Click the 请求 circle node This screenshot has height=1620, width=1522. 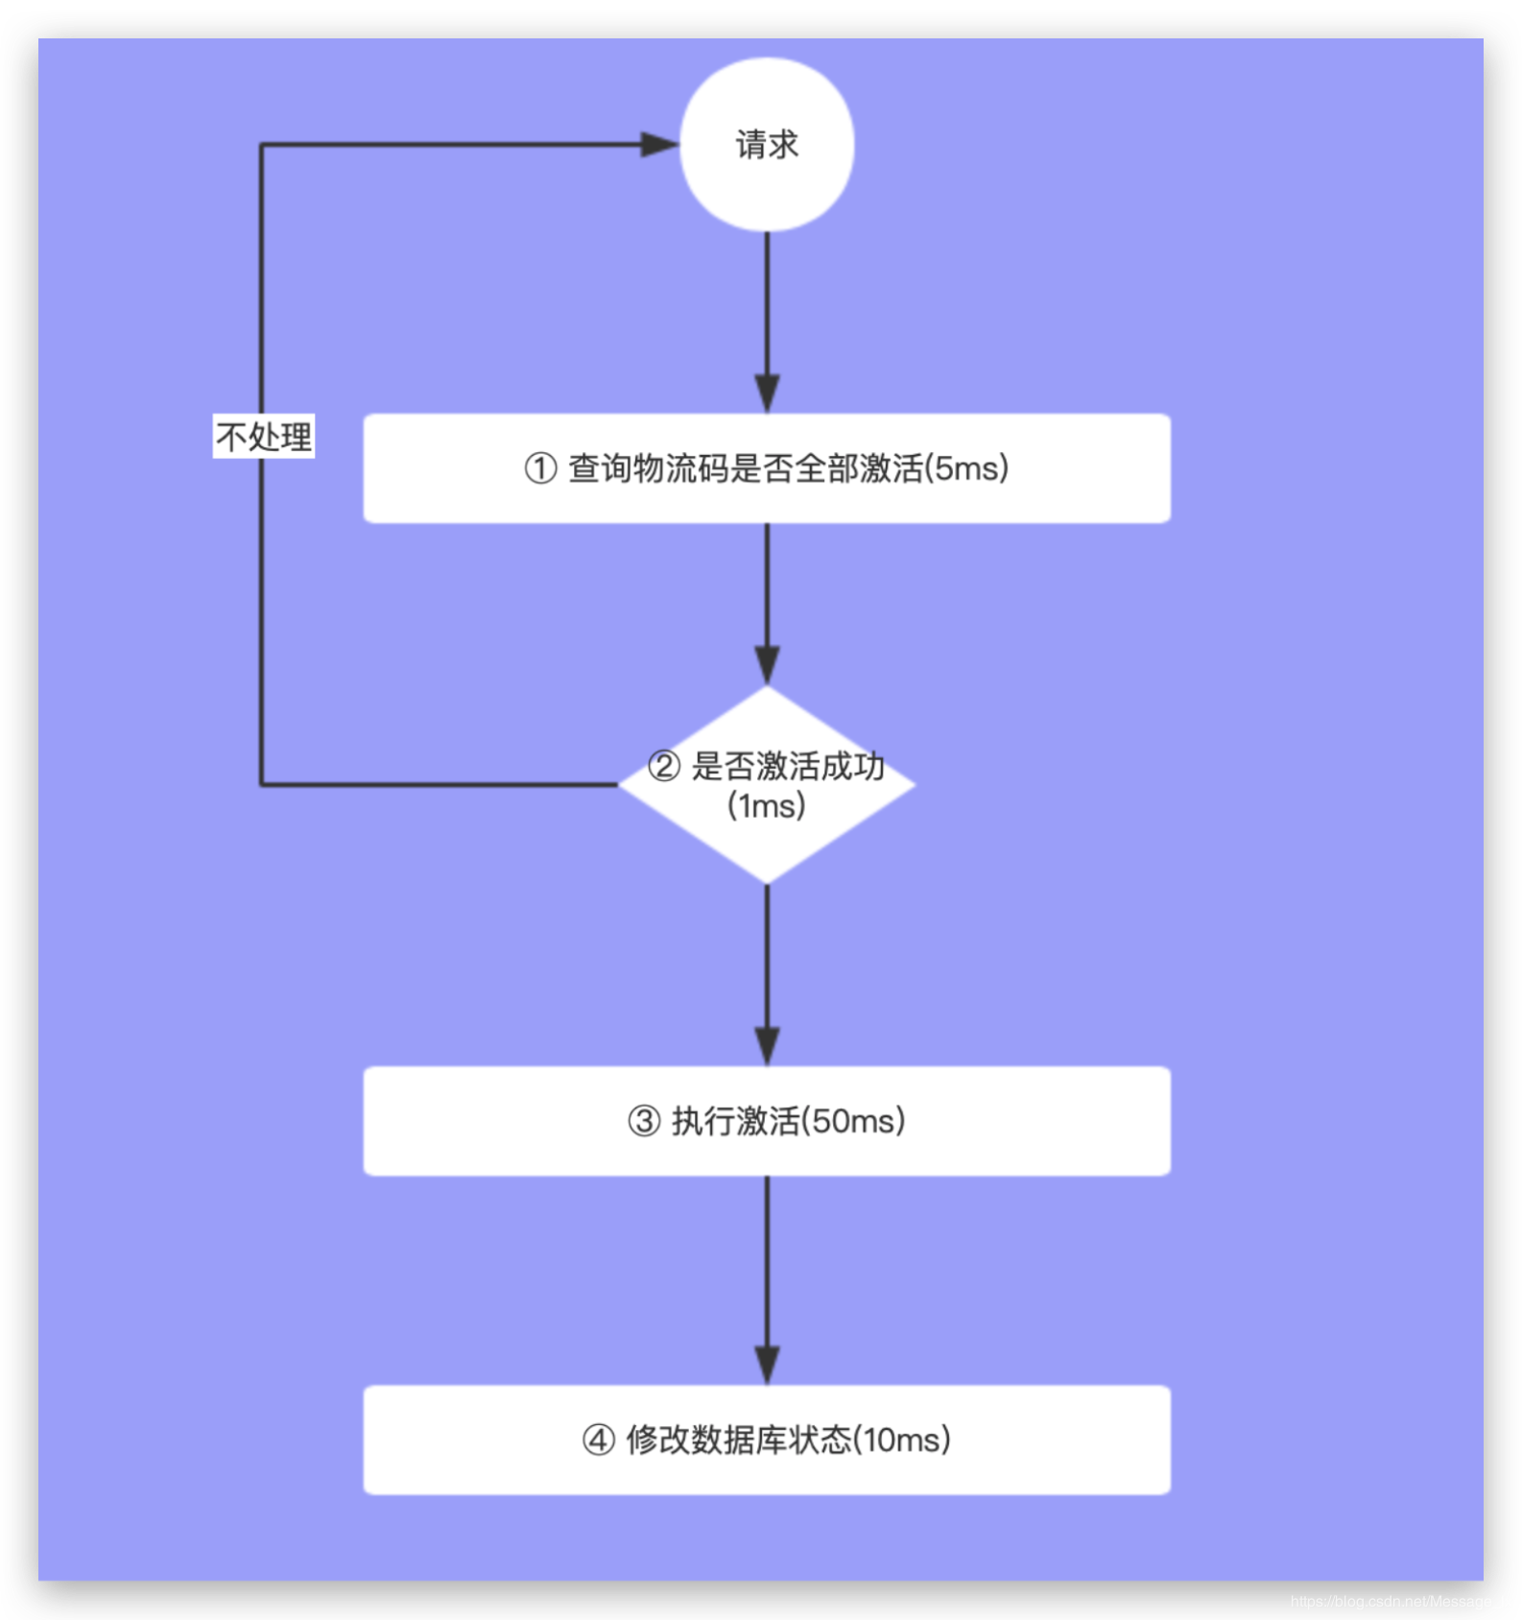(x=767, y=145)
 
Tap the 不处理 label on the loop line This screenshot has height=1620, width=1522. (x=264, y=437)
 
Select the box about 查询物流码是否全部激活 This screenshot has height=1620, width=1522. (x=767, y=468)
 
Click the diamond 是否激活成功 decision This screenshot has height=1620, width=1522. (x=767, y=785)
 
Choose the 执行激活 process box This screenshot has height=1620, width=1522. (x=767, y=1121)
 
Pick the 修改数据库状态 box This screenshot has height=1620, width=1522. (x=767, y=1440)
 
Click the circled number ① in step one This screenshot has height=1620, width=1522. (x=540, y=469)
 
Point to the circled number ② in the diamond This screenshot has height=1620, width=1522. (x=664, y=767)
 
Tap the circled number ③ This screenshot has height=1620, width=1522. (x=644, y=1122)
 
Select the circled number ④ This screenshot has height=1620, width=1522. (x=599, y=1441)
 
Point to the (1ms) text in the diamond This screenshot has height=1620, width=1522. (x=767, y=805)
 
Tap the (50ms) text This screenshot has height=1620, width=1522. (x=853, y=1121)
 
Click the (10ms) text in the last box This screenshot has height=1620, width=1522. (x=902, y=1440)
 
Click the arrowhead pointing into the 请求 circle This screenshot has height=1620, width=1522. (x=660, y=145)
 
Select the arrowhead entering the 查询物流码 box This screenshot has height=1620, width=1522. (x=767, y=393)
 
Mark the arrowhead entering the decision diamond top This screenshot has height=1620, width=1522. (x=767, y=665)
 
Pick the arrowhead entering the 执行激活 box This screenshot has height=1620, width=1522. (x=767, y=1046)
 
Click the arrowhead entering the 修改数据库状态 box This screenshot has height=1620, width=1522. (x=767, y=1365)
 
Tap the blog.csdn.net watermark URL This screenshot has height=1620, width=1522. (x=1400, y=1601)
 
